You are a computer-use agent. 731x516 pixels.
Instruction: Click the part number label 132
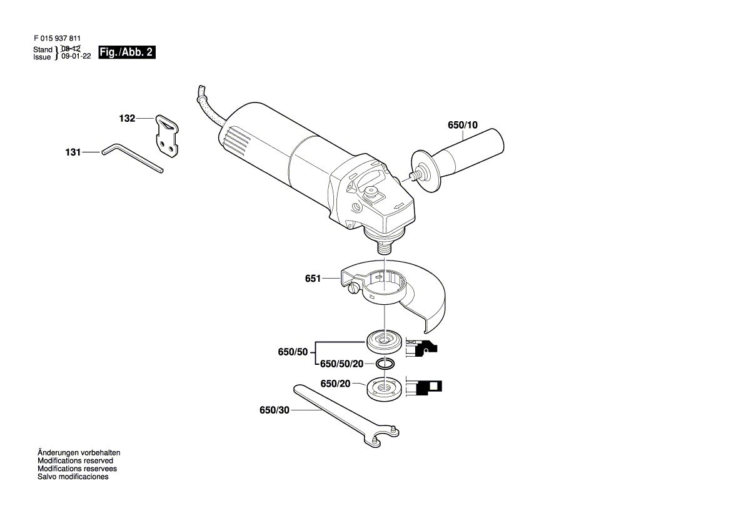[127, 118]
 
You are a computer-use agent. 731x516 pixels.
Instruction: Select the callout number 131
[73, 152]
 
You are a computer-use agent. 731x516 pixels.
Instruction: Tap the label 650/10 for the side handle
[463, 125]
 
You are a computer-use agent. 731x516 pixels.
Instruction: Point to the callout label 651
[313, 279]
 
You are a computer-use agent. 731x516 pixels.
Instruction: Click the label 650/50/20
[341, 364]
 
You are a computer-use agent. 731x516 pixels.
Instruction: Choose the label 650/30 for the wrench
[274, 410]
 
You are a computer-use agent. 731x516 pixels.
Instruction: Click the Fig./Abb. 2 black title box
[127, 52]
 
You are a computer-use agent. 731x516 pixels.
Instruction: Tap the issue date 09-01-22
[76, 56]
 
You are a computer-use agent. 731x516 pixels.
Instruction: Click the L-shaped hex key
[133, 158]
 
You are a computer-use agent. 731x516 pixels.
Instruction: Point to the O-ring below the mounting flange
[385, 363]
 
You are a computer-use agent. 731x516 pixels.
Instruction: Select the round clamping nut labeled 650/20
[385, 389]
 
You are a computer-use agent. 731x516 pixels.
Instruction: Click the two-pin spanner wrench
[346, 416]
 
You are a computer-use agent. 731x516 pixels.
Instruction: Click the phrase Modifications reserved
[75, 460]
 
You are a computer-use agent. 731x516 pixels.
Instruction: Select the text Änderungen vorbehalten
[79, 453]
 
